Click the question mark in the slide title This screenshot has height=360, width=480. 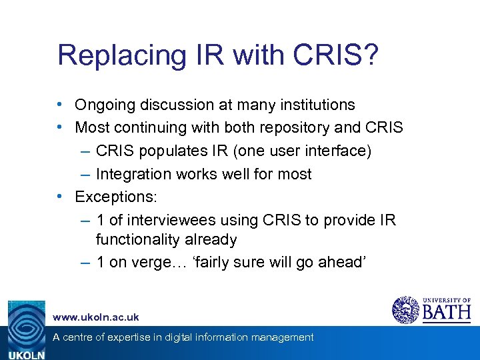369,55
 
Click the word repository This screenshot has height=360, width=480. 283,127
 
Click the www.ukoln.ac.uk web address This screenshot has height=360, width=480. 96,317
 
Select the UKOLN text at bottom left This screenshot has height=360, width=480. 26,355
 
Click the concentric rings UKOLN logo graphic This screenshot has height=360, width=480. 26,325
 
